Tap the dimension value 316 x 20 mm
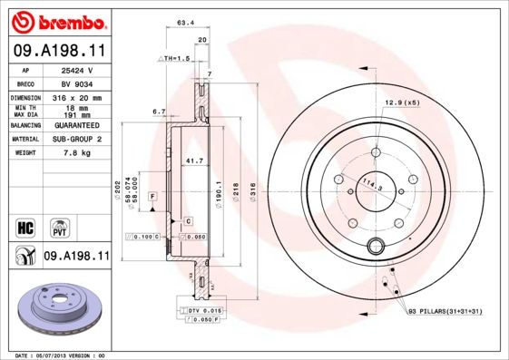click(x=77, y=97)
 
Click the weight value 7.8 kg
click(x=77, y=153)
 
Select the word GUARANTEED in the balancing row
click(x=77, y=125)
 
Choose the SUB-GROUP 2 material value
click(x=77, y=139)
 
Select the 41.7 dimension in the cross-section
click(x=192, y=161)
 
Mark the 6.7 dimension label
click(x=159, y=112)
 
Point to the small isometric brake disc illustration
click(x=56, y=308)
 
